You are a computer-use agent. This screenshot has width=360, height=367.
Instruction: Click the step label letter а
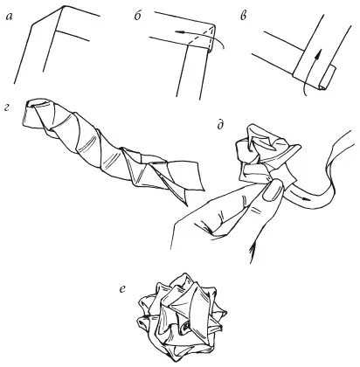[x=9, y=17]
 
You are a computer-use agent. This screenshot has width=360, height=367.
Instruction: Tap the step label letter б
[x=137, y=16]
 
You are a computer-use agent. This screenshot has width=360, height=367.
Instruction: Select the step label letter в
[x=243, y=17]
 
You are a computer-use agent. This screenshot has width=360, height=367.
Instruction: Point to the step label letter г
[x=8, y=107]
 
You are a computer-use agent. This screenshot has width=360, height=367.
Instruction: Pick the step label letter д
[x=220, y=125]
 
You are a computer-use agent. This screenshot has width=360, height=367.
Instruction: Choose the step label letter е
[x=122, y=288]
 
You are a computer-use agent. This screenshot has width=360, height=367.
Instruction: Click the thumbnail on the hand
[x=273, y=190]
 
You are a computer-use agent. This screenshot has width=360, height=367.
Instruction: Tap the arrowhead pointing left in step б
[x=179, y=32]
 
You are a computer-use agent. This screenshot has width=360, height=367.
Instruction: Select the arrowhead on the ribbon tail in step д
[x=305, y=199]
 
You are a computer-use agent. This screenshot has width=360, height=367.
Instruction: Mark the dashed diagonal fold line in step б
[x=200, y=37]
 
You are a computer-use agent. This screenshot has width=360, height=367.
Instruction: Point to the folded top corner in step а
[x=63, y=9]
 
